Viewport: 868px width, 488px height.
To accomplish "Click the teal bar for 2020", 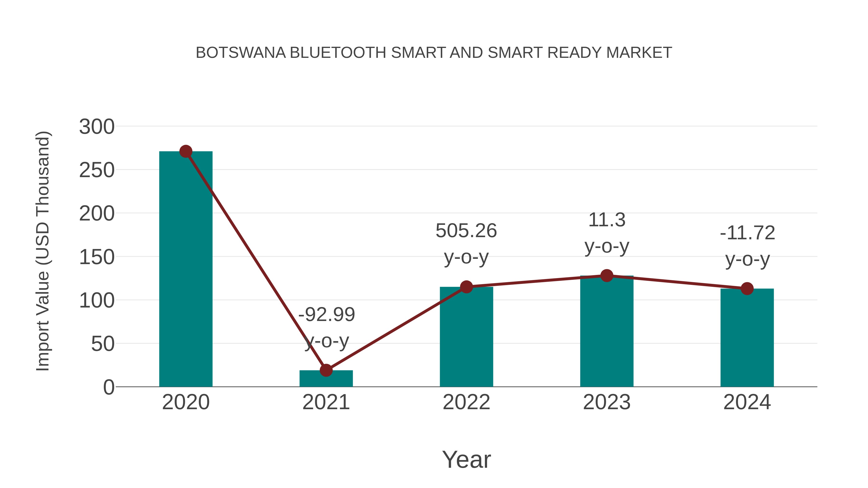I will (186, 269).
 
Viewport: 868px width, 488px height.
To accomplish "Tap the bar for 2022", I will (466, 337).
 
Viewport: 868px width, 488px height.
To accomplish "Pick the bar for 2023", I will (607, 332).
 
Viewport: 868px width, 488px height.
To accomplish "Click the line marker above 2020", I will (186, 152).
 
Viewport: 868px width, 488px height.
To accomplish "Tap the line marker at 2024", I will (747, 289).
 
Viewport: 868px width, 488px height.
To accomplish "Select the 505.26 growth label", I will (466, 231).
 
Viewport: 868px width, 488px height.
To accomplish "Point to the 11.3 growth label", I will (607, 220).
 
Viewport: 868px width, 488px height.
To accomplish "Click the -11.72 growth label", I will (747, 233).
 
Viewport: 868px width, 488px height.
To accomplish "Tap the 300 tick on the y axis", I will (97, 127).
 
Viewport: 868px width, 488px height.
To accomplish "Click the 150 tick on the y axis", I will (97, 257).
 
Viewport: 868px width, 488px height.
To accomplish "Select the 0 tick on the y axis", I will (108, 387).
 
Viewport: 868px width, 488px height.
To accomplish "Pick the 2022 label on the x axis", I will (466, 402).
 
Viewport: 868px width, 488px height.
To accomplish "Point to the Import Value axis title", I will (43, 251).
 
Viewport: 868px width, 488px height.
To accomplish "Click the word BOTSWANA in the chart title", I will (241, 53).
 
